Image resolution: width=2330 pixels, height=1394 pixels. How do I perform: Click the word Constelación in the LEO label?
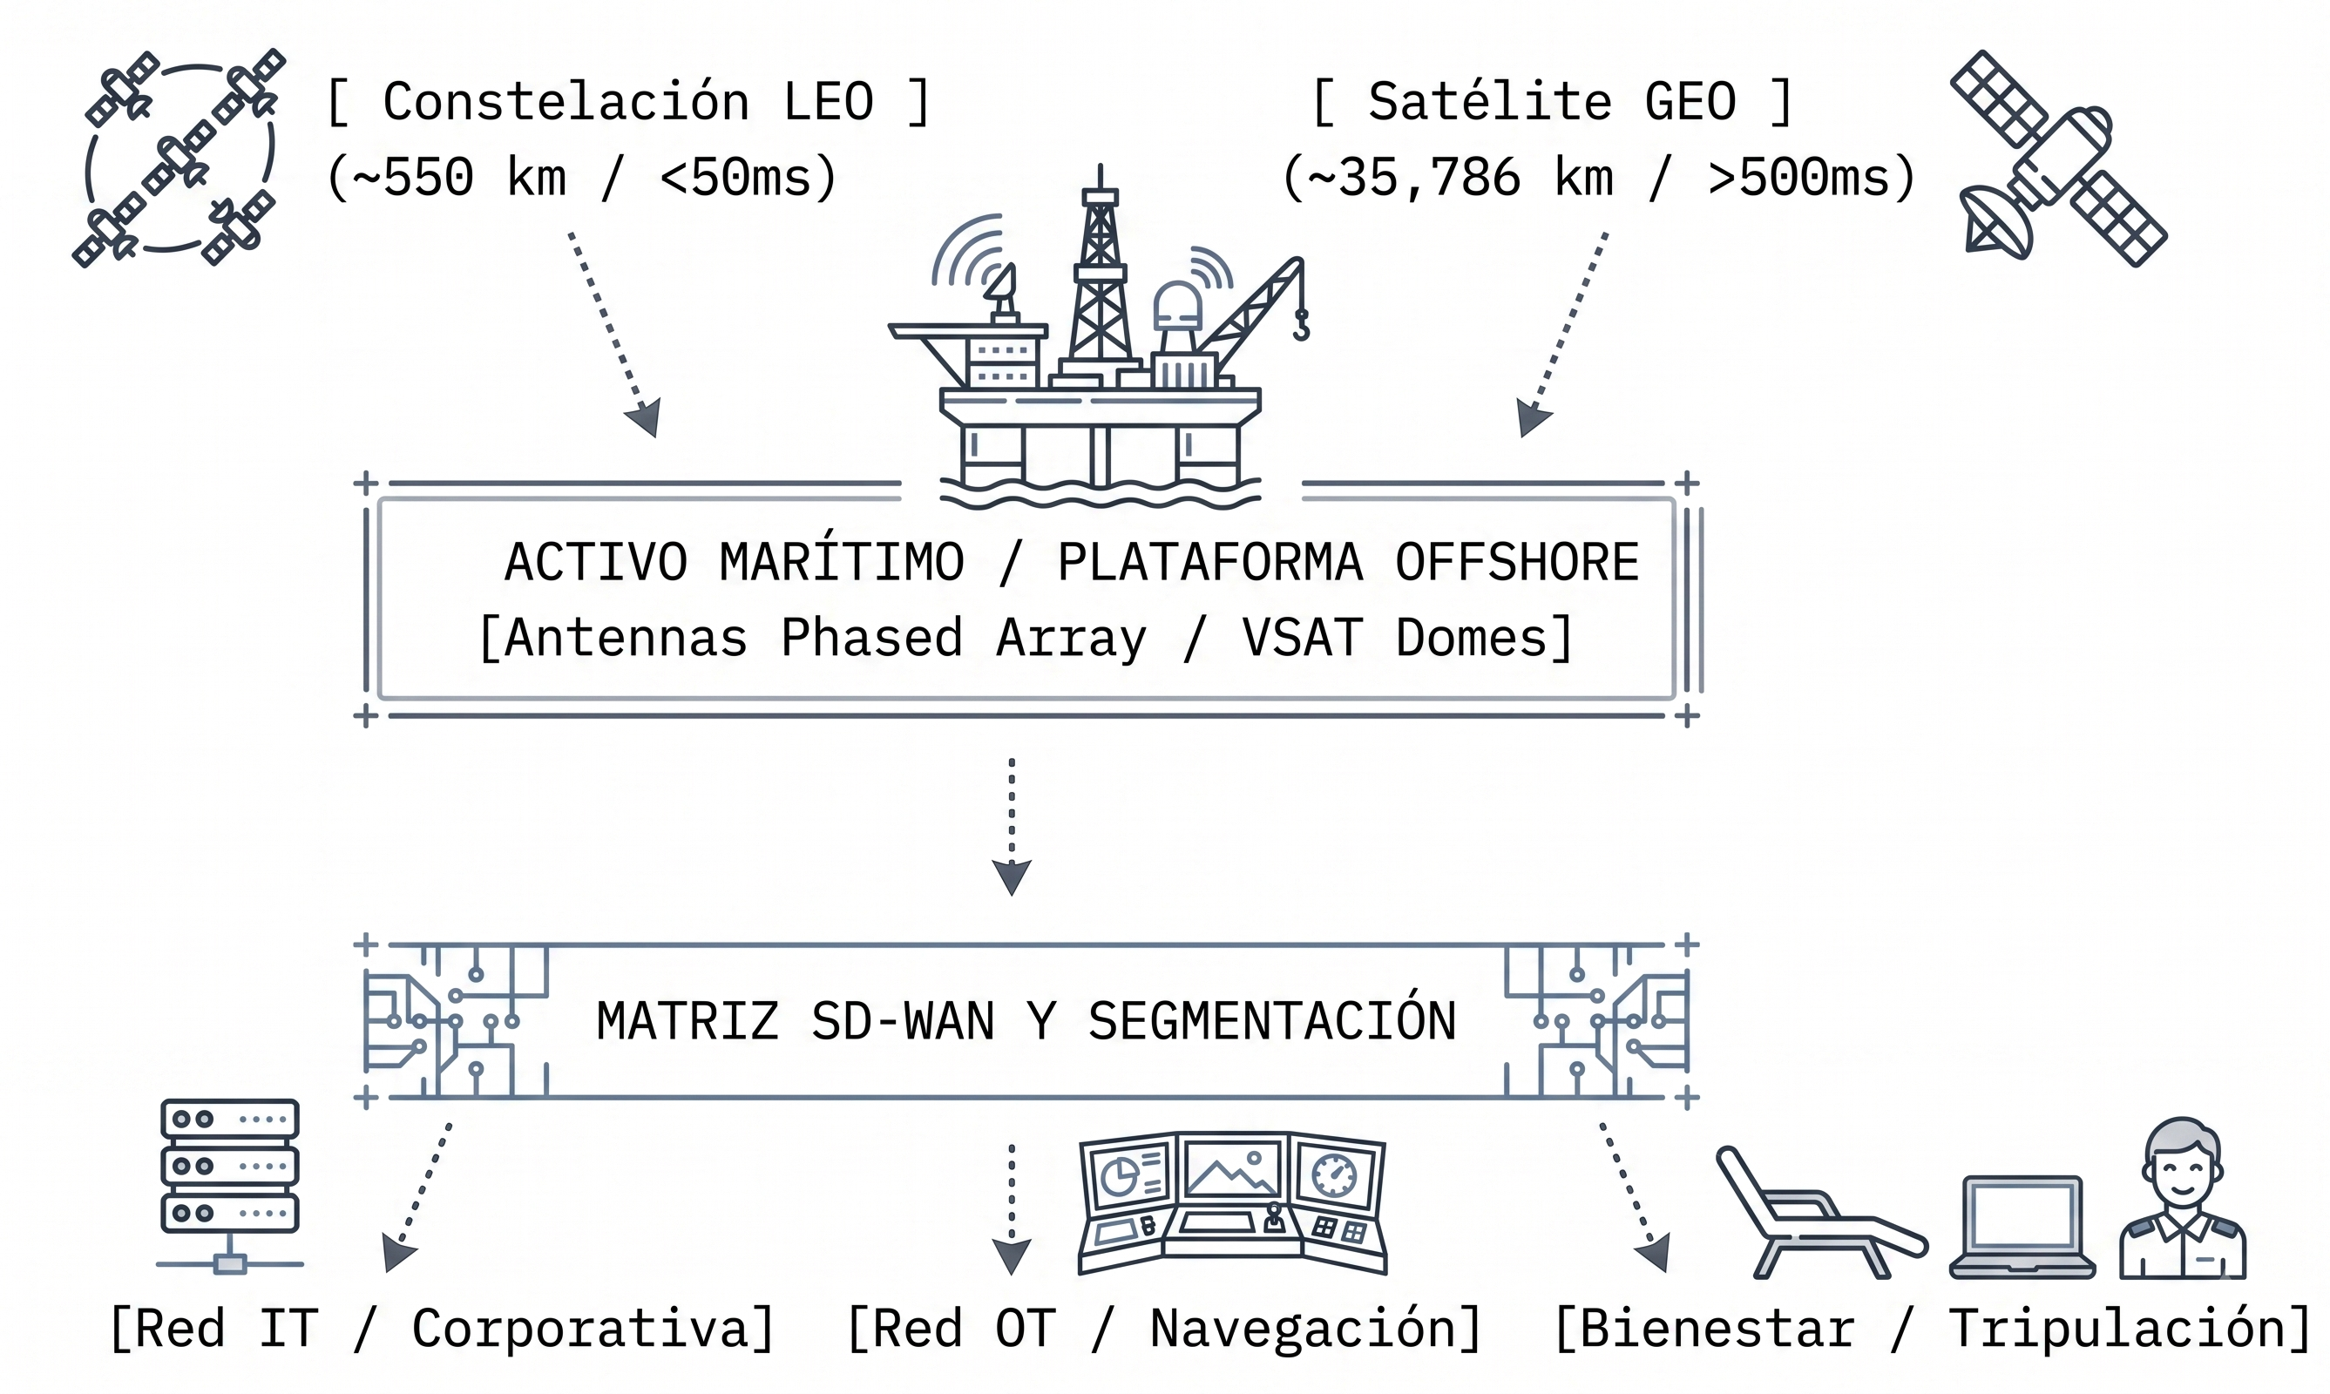(x=566, y=101)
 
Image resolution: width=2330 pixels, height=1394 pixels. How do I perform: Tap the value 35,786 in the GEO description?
(x=1428, y=179)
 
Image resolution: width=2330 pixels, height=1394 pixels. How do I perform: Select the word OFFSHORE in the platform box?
(x=1516, y=562)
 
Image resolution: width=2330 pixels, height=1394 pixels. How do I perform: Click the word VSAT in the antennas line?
(x=1301, y=638)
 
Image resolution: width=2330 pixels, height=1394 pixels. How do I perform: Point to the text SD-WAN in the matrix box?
(x=903, y=1021)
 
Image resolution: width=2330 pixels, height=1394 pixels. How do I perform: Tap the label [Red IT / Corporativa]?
(x=442, y=1329)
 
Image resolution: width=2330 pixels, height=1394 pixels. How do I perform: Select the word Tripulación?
(x=2117, y=1329)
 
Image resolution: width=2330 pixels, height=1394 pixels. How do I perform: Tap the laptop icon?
(x=2022, y=1227)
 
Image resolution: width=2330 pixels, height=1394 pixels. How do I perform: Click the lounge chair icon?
(x=1821, y=1213)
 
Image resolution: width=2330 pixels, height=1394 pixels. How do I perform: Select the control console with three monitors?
(x=1233, y=1203)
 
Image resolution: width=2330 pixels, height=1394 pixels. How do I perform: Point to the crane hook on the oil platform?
(x=1301, y=324)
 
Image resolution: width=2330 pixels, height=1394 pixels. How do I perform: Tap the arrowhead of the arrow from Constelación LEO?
(x=645, y=417)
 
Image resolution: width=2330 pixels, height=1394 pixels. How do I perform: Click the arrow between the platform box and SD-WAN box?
(x=1012, y=827)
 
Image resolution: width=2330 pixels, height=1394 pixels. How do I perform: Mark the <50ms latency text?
(x=748, y=179)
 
